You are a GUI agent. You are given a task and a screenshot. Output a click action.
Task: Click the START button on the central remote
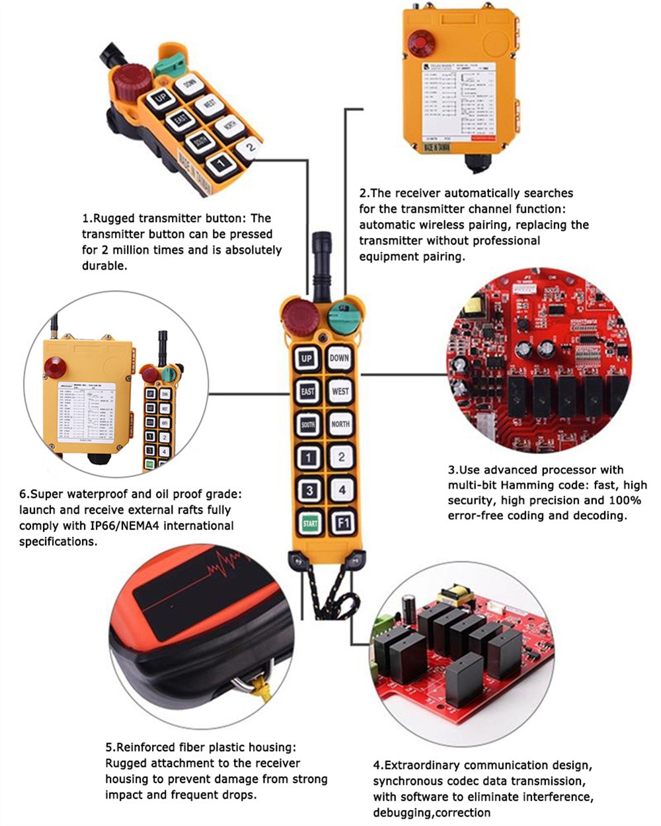coord(309,523)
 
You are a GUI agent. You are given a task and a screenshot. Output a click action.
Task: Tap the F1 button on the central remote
coord(341,523)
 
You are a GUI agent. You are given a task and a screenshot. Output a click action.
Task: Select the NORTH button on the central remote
coord(340,424)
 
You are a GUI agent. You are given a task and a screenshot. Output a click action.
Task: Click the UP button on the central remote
coord(307,359)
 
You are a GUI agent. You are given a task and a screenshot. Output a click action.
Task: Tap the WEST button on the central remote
coord(340,391)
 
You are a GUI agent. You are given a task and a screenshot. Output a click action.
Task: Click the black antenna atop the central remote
coord(322,261)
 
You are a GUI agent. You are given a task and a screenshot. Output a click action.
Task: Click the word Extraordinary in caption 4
coord(422,765)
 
